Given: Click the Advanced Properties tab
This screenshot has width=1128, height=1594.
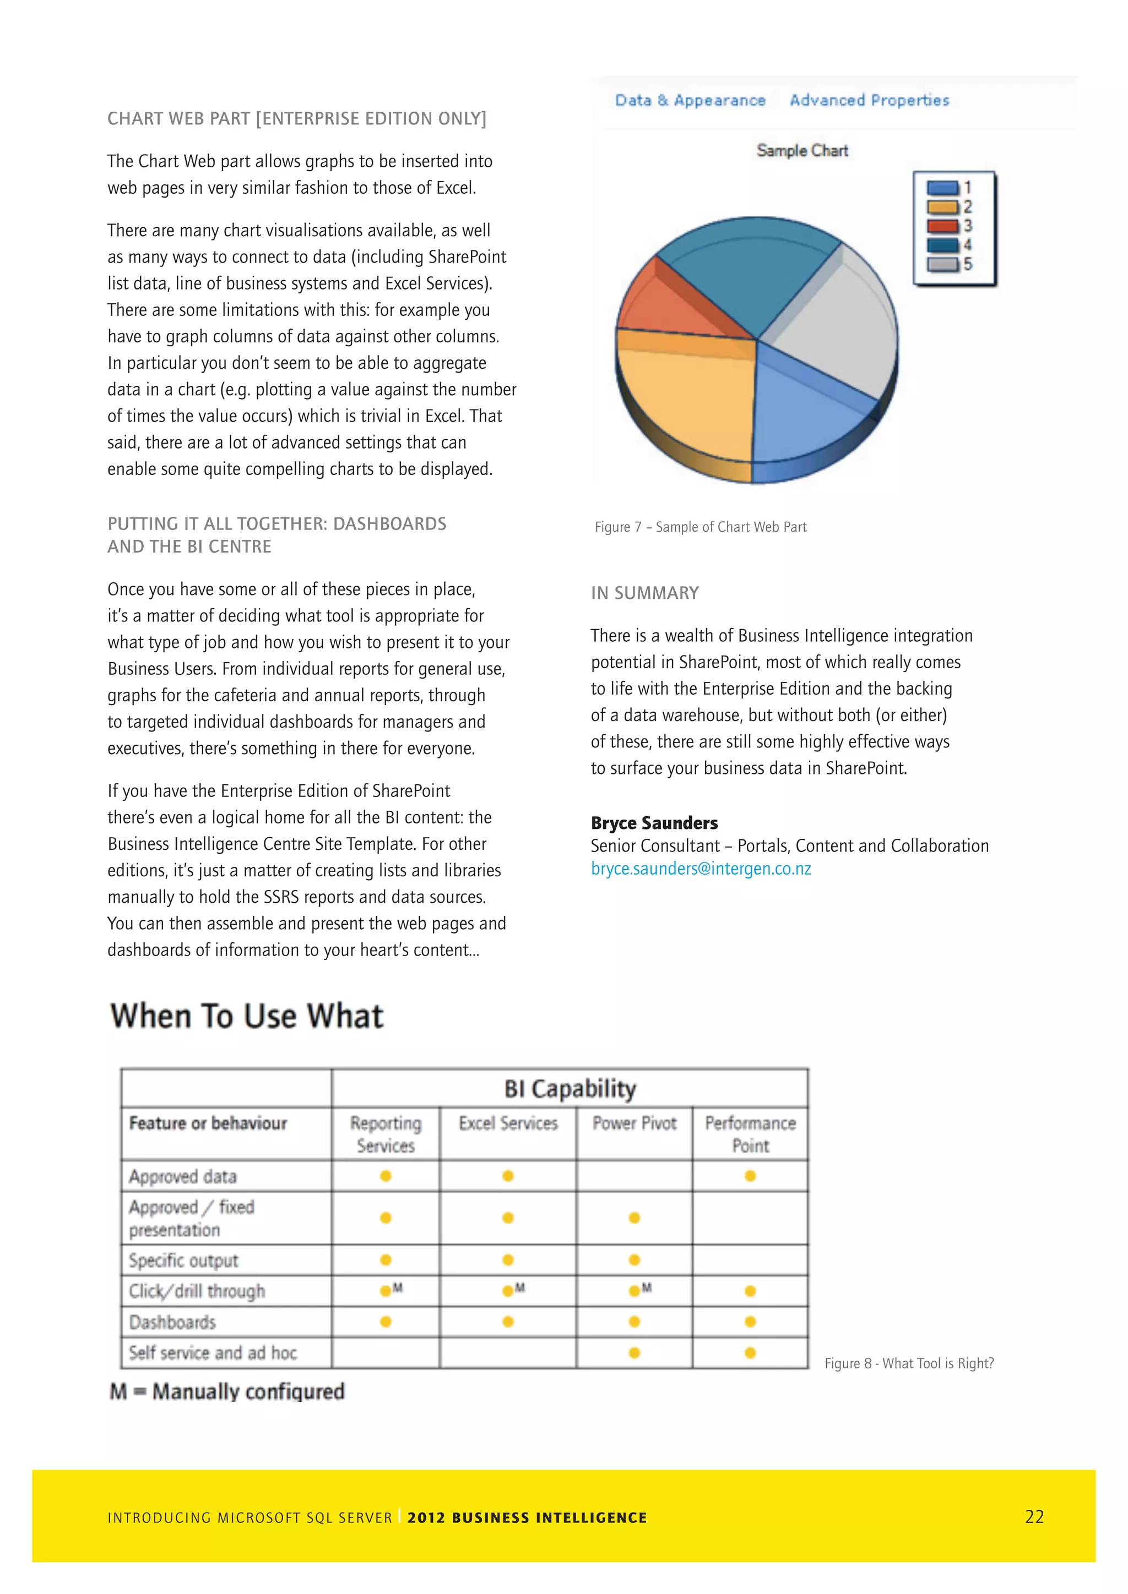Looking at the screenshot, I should coord(869,100).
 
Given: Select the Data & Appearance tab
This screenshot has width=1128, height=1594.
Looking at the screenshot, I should coord(690,100).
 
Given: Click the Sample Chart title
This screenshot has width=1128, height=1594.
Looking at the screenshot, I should coord(802,151).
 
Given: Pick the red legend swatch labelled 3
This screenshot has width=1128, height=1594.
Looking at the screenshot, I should coord(942,226).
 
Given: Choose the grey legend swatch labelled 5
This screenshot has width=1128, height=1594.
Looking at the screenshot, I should coord(942,265).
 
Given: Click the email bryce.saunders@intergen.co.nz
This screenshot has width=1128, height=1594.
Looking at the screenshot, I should coord(701,869).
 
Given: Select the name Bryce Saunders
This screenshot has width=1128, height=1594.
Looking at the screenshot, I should coord(654,823).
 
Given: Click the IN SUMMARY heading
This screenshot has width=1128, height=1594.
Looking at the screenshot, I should coord(644,593).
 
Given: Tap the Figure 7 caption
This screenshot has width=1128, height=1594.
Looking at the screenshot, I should coord(700,527).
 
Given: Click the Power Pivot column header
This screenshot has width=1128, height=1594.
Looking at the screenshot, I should coord(634,1123).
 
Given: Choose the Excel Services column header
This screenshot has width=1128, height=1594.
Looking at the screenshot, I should coord(508,1123).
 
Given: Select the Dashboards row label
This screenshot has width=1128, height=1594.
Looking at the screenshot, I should coord(172,1322).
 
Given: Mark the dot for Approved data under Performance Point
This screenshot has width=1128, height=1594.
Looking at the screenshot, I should coord(750,1176).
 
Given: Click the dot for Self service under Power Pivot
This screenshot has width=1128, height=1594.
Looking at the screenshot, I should coord(634,1352).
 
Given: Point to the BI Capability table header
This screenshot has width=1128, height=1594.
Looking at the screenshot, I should coord(570,1089).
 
